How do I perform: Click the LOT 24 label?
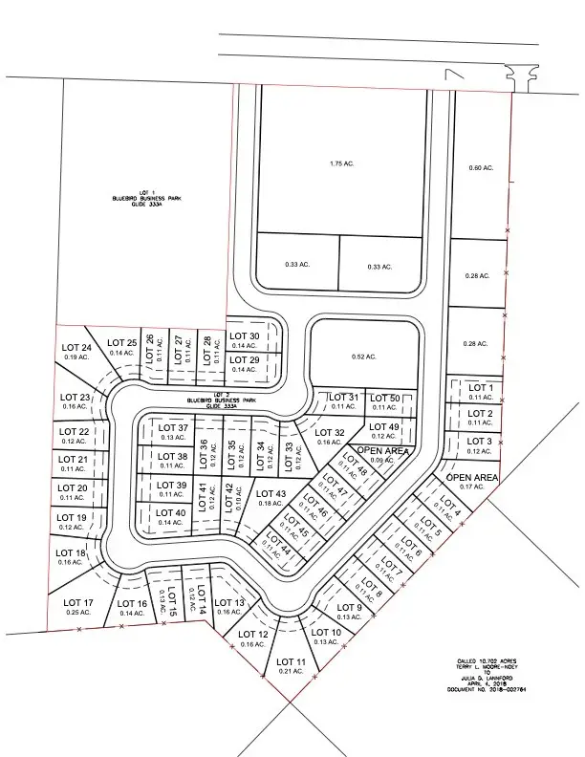(76, 347)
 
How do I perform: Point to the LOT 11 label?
(291, 661)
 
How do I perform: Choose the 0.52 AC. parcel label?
(363, 357)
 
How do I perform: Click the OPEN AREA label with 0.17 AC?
(473, 477)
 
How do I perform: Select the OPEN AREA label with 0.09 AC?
(383, 450)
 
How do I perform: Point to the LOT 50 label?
(385, 398)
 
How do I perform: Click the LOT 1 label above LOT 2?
(480, 387)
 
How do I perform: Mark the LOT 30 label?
(243, 335)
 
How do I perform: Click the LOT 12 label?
(252, 634)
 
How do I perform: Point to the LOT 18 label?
(70, 552)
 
